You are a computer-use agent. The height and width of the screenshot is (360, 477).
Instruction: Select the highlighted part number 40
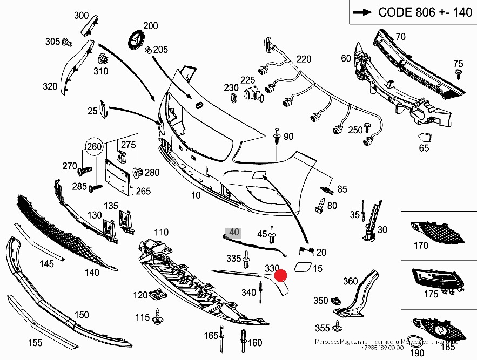[x=234, y=233]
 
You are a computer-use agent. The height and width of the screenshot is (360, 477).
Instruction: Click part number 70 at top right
[x=400, y=37]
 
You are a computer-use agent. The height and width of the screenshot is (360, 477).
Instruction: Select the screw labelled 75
[x=458, y=74]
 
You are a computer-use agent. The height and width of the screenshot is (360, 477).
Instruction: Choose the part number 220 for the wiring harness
[x=304, y=59]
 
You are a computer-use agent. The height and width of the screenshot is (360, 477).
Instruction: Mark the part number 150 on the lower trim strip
[x=82, y=315]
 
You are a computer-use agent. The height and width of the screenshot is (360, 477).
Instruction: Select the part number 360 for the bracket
[x=350, y=281]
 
